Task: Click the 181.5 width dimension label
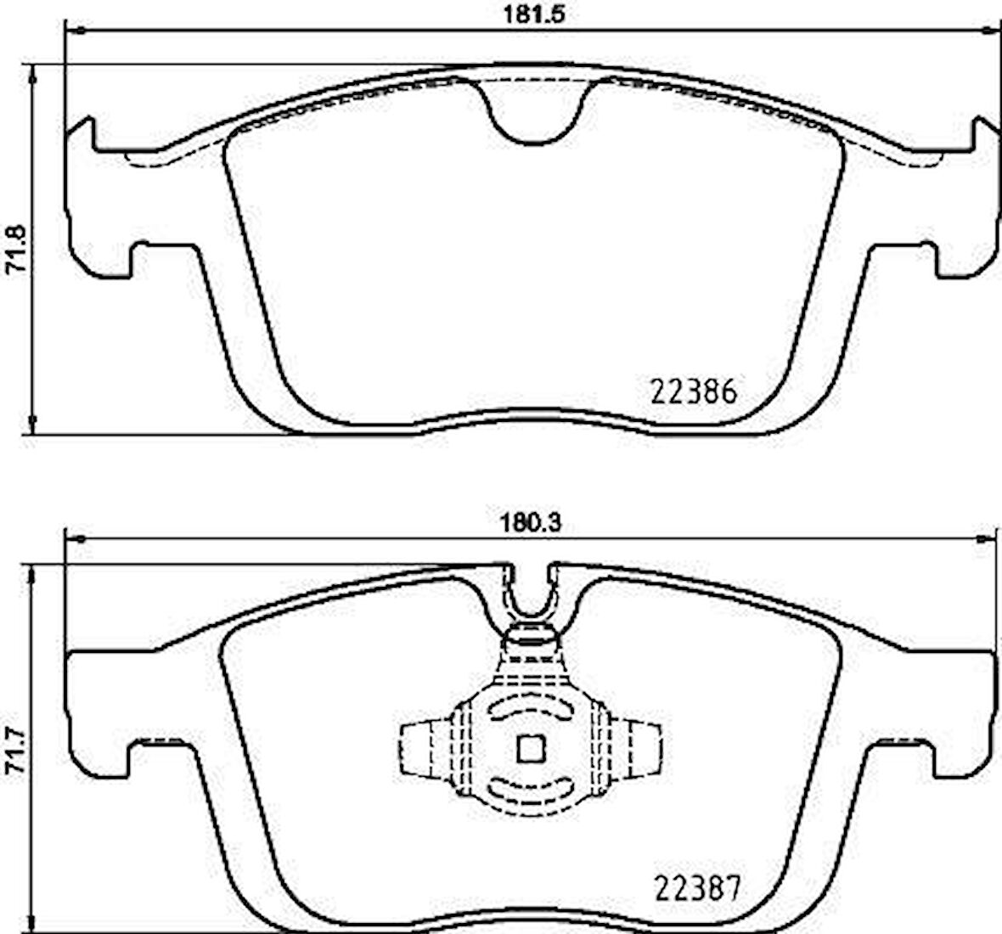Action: click(x=529, y=14)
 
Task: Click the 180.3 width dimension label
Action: click(x=529, y=524)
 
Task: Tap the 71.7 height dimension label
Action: click(x=15, y=751)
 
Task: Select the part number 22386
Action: click(x=694, y=392)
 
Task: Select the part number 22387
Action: click(x=698, y=889)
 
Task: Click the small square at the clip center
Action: click(x=531, y=748)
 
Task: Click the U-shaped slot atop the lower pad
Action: click(x=532, y=594)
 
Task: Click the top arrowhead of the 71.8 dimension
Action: click(x=32, y=75)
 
